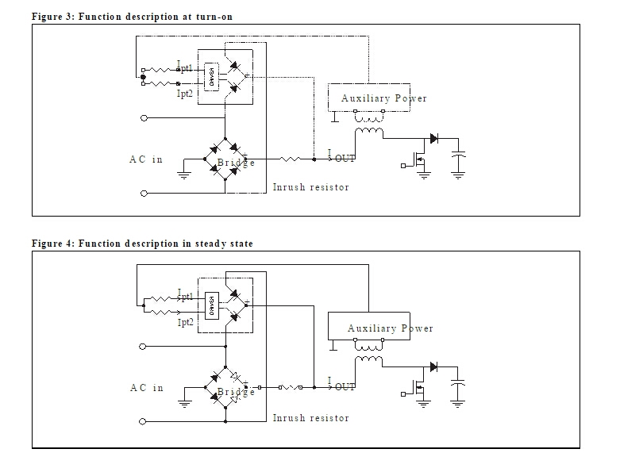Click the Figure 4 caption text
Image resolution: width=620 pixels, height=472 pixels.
coord(142,244)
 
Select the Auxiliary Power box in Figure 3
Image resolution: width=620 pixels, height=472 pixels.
coord(369,98)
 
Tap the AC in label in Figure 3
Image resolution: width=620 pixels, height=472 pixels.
coord(146,159)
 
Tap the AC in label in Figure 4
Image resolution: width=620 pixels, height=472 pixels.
coord(146,388)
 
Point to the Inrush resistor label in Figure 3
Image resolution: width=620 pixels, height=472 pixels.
coord(310,187)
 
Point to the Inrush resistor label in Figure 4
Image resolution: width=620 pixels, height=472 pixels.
coord(310,417)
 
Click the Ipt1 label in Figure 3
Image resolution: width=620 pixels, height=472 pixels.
coord(184,67)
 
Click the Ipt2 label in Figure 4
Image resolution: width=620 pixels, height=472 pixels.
coord(185,324)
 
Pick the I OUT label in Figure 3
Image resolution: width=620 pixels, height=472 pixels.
coord(342,157)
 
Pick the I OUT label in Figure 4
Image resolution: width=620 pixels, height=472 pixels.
coord(342,386)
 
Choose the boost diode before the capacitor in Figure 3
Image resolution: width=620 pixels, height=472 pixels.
coord(433,138)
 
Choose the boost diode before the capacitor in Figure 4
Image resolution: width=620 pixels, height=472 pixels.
coord(433,366)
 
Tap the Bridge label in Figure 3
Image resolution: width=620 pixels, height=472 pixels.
coord(236,163)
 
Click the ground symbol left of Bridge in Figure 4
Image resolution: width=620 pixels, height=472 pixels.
coord(185,401)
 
